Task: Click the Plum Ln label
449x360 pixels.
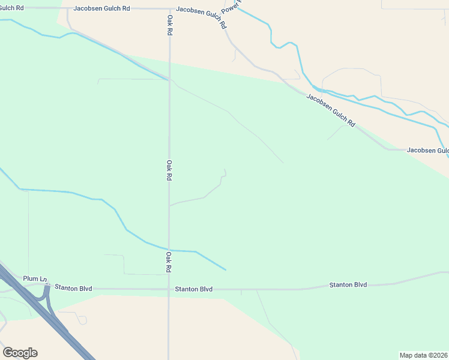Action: [35, 279]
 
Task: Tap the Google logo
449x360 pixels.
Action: [20, 353]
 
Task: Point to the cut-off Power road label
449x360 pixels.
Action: [231, 7]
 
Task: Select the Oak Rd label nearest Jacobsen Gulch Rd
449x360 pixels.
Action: [170, 24]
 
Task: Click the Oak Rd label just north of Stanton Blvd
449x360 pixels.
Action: [169, 262]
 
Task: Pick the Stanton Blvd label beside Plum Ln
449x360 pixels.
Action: [73, 288]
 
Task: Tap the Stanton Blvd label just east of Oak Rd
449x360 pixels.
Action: [194, 289]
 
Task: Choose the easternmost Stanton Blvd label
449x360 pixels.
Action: [348, 285]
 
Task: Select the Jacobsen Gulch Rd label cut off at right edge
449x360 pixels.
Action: [427, 150]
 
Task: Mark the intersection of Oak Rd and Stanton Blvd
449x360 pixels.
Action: [169, 289]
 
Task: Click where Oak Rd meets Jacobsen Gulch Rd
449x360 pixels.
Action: [169, 10]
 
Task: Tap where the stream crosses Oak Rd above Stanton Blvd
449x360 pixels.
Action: [169, 250]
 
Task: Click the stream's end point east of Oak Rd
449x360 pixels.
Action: [226, 269]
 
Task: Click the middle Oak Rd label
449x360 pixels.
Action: [169, 170]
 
